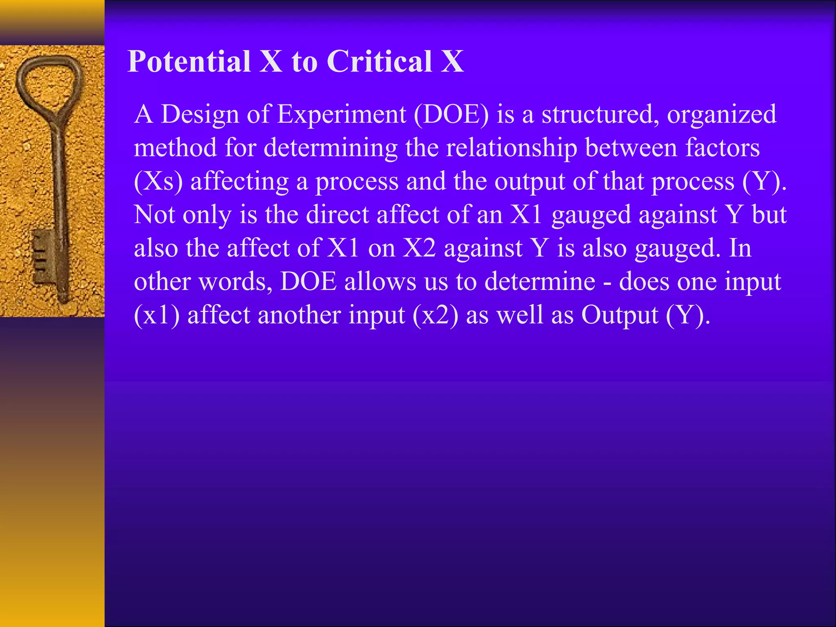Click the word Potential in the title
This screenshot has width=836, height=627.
189,62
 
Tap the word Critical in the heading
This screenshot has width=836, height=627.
379,62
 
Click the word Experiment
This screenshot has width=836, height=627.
342,114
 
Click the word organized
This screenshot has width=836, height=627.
721,115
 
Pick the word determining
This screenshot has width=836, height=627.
330,148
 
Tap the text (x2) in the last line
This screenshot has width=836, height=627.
435,316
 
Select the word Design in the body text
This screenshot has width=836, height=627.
200,115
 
